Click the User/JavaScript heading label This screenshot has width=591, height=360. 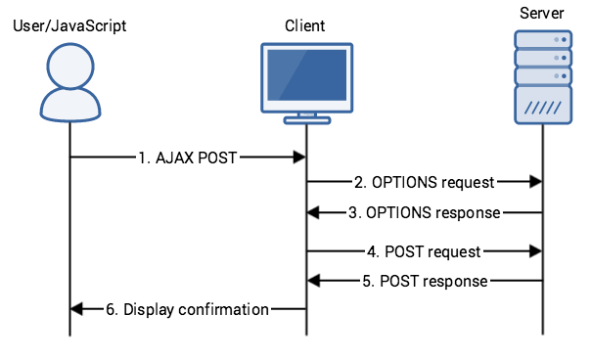[69, 24]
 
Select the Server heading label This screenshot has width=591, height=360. [543, 12]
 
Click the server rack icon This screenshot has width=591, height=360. [543, 76]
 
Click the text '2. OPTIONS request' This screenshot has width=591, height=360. [424, 182]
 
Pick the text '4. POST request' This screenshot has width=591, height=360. [424, 251]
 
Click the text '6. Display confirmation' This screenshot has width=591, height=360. [187, 309]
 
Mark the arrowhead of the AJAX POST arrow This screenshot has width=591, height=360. [300, 156]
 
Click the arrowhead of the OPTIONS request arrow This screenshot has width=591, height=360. [536, 182]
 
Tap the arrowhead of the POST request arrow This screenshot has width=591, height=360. [536, 251]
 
